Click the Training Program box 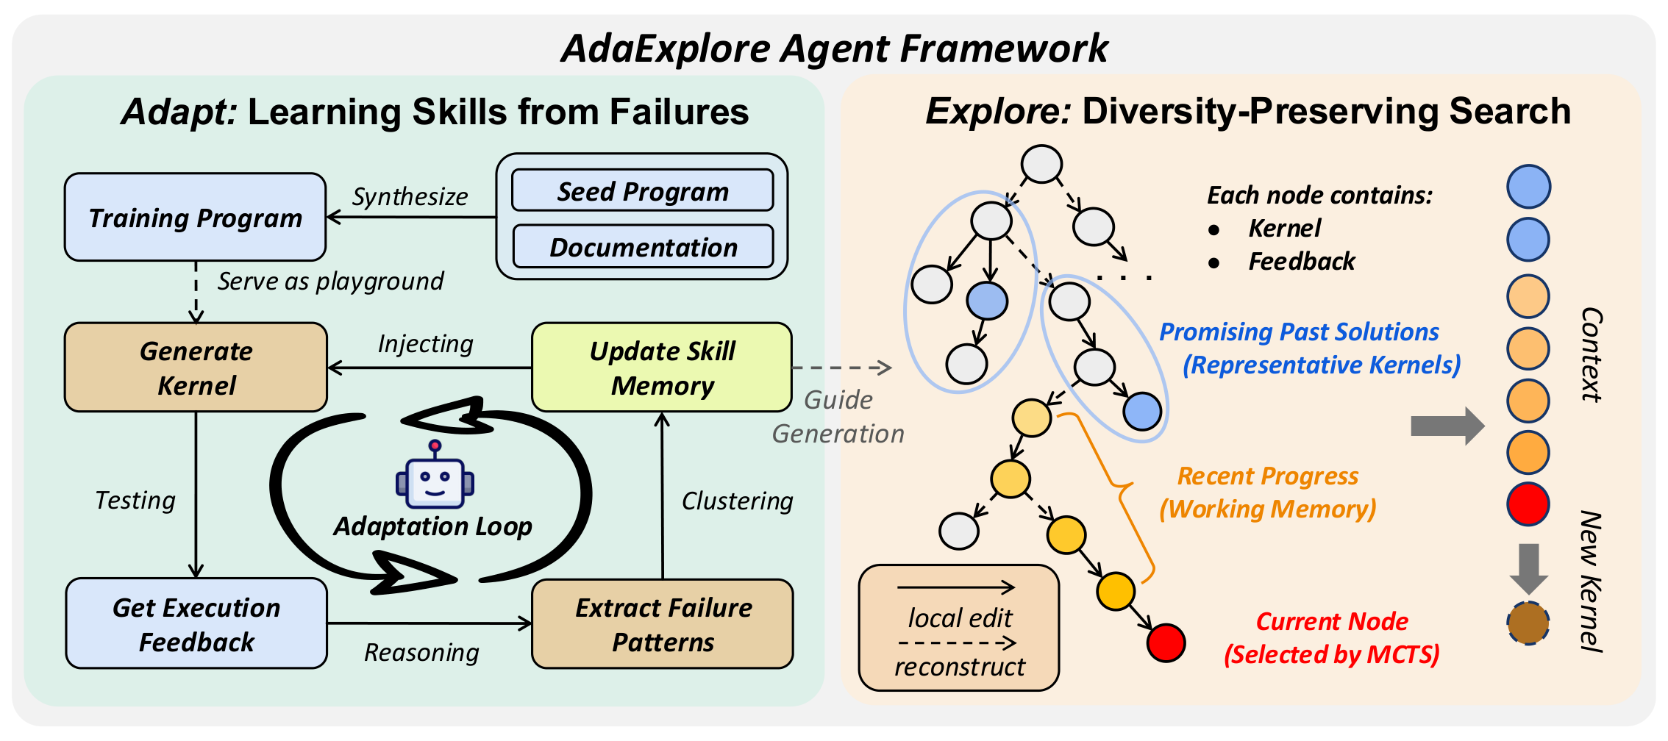click(195, 218)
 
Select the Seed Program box click(642, 191)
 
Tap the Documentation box click(642, 247)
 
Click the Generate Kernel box click(196, 368)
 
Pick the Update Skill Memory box click(662, 368)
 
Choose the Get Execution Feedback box click(196, 624)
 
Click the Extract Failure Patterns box click(662, 624)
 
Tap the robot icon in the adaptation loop click(435, 479)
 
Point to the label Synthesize click(410, 196)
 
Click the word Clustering click(737, 501)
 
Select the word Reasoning click(421, 652)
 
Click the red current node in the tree click(1166, 642)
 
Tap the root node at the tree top click(1041, 164)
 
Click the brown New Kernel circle click(1528, 623)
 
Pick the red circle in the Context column click(1528, 504)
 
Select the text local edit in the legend click(960, 618)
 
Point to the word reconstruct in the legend click(959, 667)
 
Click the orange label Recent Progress click(1268, 476)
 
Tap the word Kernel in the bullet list click(1284, 228)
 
